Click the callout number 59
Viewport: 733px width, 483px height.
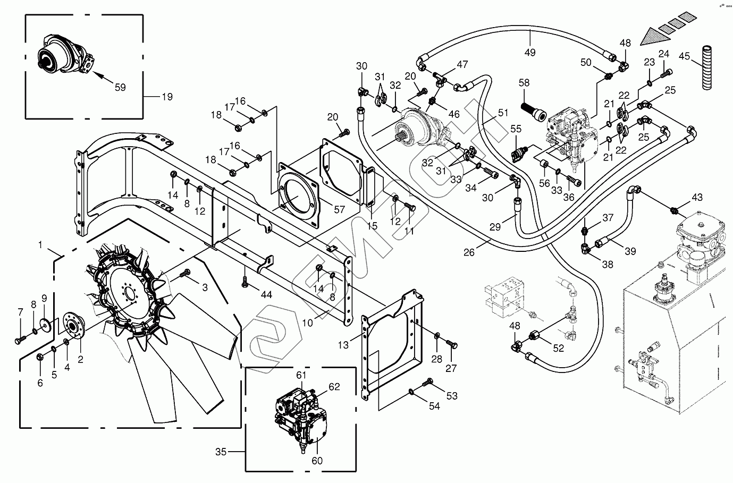[120, 87]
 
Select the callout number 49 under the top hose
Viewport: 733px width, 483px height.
[529, 52]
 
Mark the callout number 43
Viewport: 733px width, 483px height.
[697, 198]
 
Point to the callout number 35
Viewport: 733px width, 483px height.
[221, 452]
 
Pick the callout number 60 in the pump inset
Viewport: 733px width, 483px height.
[317, 461]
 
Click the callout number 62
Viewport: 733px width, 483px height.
[334, 387]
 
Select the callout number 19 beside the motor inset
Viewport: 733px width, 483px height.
[167, 97]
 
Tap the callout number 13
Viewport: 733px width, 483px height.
[344, 344]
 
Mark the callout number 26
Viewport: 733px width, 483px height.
[468, 252]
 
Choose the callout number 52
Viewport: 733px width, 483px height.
[558, 348]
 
